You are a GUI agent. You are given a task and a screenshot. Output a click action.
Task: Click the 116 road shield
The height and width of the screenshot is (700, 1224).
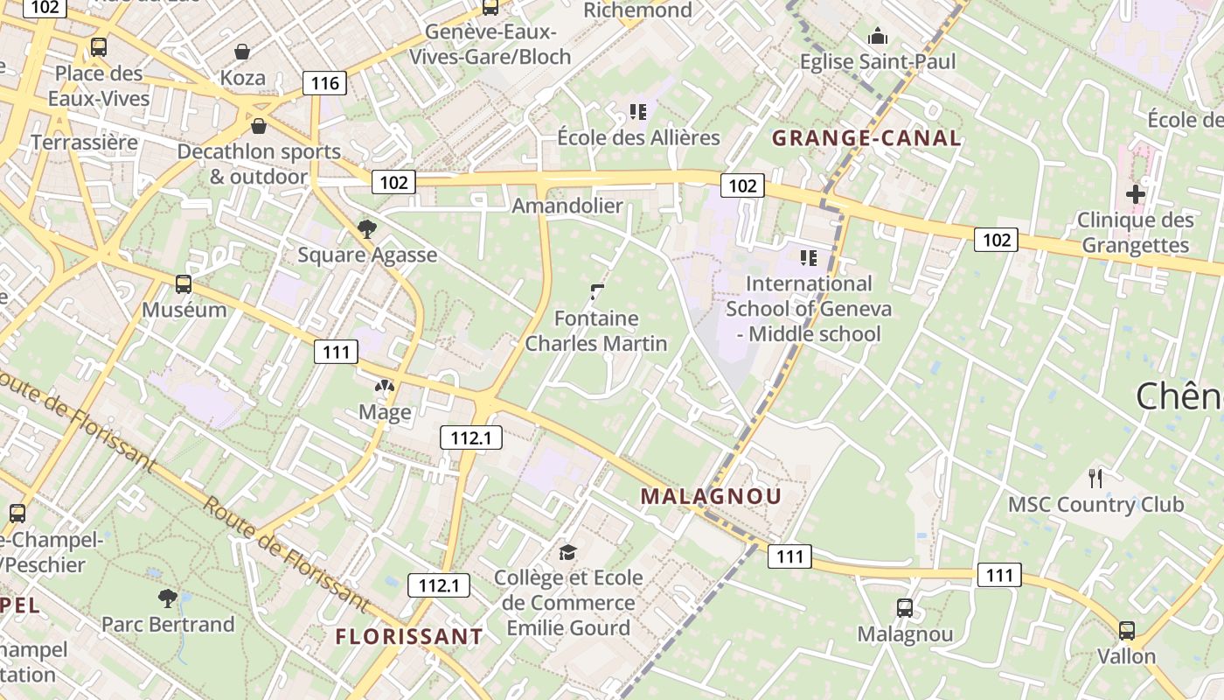(x=324, y=84)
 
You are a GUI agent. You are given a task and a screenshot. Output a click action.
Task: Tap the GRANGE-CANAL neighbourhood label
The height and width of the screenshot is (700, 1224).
(x=866, y=138)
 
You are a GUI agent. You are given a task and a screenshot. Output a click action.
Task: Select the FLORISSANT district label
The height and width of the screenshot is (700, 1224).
(x=409, y=636)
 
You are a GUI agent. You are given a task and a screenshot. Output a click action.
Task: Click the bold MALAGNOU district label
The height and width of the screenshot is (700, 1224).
(x=711, y=496)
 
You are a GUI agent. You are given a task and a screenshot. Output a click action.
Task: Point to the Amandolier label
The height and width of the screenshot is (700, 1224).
(x=567, y=206)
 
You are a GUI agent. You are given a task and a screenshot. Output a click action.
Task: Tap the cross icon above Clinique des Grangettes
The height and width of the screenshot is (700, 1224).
(x=1136, y=194)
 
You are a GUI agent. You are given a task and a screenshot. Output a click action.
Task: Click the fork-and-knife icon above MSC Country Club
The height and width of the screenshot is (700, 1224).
(x=1095, y=478)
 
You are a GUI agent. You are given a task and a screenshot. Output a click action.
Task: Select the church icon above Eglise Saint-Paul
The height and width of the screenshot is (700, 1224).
(x=878, y=36)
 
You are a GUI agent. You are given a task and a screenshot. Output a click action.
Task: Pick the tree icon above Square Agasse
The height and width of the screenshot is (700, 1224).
(x=367, y=229)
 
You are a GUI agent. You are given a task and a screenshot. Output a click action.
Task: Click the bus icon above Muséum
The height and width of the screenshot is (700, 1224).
(x=184, y=283)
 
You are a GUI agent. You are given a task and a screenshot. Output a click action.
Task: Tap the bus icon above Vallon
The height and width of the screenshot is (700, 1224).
(x=1127, y=630)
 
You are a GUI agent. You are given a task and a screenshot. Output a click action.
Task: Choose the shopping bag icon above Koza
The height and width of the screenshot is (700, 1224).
(x=242, y=52)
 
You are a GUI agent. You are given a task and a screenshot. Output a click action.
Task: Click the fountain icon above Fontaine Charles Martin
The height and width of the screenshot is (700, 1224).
(x=598, y=291)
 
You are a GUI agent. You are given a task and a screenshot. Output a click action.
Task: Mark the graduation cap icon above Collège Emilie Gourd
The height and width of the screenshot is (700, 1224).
(x=568, y=552)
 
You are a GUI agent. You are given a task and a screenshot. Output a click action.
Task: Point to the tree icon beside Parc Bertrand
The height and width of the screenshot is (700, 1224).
(x=168, y=598)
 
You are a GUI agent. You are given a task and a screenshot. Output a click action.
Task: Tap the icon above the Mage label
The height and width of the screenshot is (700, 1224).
(x=385, y=386)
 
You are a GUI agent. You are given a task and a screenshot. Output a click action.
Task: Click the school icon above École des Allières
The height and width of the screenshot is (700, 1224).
(x=638, y=111)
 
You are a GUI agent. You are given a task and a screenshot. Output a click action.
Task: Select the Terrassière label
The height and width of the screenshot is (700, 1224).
(x=85, y=142)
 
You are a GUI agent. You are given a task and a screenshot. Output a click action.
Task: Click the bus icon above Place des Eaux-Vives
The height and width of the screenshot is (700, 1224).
(x=99, y=47)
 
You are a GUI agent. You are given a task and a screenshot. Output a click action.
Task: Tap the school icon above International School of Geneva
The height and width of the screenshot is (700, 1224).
(x=809, y=257)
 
